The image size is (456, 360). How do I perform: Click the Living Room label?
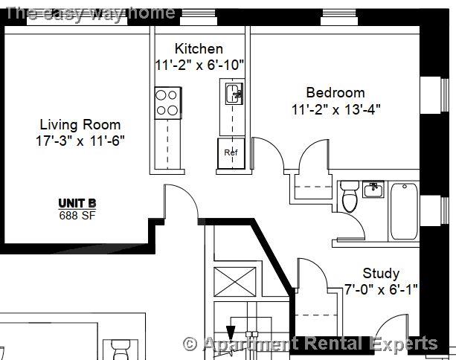80,125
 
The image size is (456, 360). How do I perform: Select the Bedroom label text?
335,93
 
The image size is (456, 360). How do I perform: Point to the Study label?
381,273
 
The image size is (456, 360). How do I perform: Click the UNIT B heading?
77,204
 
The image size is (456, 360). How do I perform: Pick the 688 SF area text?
77,216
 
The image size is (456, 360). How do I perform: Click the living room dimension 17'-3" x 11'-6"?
80,141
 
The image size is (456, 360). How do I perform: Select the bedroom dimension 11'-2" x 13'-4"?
335,109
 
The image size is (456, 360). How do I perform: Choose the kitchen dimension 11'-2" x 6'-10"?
199,65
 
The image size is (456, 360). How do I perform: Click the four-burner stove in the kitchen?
167,103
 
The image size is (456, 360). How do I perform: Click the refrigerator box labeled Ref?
230,152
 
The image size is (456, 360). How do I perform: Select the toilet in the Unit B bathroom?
348,198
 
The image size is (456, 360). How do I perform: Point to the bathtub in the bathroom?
405,210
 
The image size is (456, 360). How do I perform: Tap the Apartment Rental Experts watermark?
310,344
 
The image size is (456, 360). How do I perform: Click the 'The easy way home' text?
90,12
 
